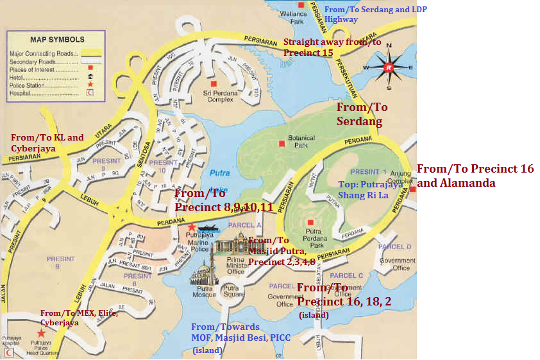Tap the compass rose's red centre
tap(387, 67)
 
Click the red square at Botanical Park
tap(282, 143)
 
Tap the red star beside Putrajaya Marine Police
tap(191, 227)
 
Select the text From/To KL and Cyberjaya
tap(47, 142)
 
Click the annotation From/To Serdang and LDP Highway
tap(375, 14)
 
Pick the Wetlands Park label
tap(297, 17)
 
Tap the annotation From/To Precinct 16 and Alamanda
tap(475, 175)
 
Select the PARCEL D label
tap(394, 246)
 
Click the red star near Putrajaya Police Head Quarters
tap(41, 333)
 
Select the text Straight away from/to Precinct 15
tap(332, 47)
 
